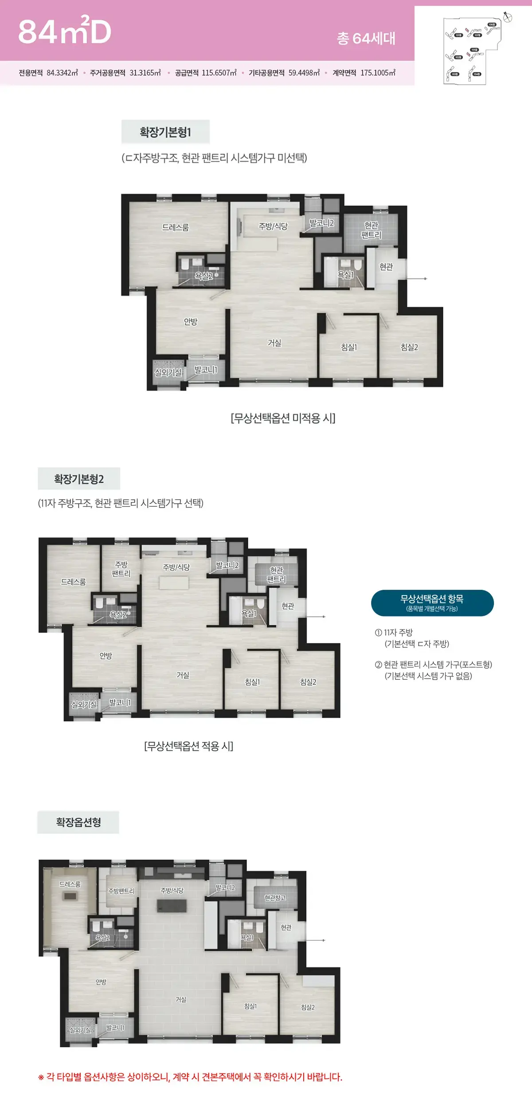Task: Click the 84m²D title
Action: click(x=65, y=32)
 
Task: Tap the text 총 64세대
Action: click(x=366, y=39)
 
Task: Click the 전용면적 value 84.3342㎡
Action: click(x=62, y=73)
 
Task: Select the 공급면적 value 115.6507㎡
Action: click(x=219, y=73)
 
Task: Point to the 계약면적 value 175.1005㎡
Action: click(x=378, y=73)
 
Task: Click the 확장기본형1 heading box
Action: click(x=165, y=132)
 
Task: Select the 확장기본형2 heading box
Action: click(x=79, y=479)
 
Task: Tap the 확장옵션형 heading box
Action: click(x=78, y=822)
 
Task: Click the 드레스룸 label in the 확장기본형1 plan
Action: click(x=176, y=227)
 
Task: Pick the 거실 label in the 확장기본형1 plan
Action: click(x=274, y=343)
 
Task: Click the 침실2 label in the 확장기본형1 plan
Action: click(x=409, y=347)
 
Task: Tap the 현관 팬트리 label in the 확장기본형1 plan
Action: click(x=371, y=230)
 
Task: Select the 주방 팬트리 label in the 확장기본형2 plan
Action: click(x=121, y=569)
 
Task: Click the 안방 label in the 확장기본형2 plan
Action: click(x=106, y=655)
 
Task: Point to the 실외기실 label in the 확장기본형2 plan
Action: click(x=84, y=704)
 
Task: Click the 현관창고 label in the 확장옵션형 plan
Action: click(x=275, y=898)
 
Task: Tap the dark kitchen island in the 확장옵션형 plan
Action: click(x=172, y=906)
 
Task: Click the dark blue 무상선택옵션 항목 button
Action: click(x=432, y=603)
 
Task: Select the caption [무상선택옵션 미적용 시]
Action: click(x=283, y=418)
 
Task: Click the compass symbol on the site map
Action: click(x=508, y=17)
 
